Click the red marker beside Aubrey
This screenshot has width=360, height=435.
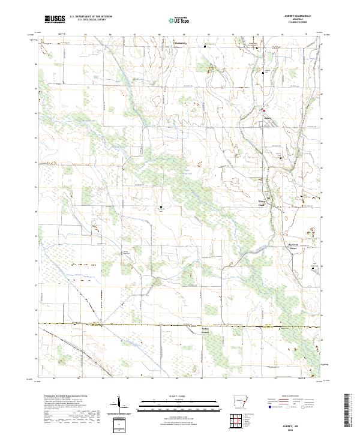(x=263, y=110)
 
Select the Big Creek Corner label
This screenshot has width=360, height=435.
(x=291, y=246)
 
